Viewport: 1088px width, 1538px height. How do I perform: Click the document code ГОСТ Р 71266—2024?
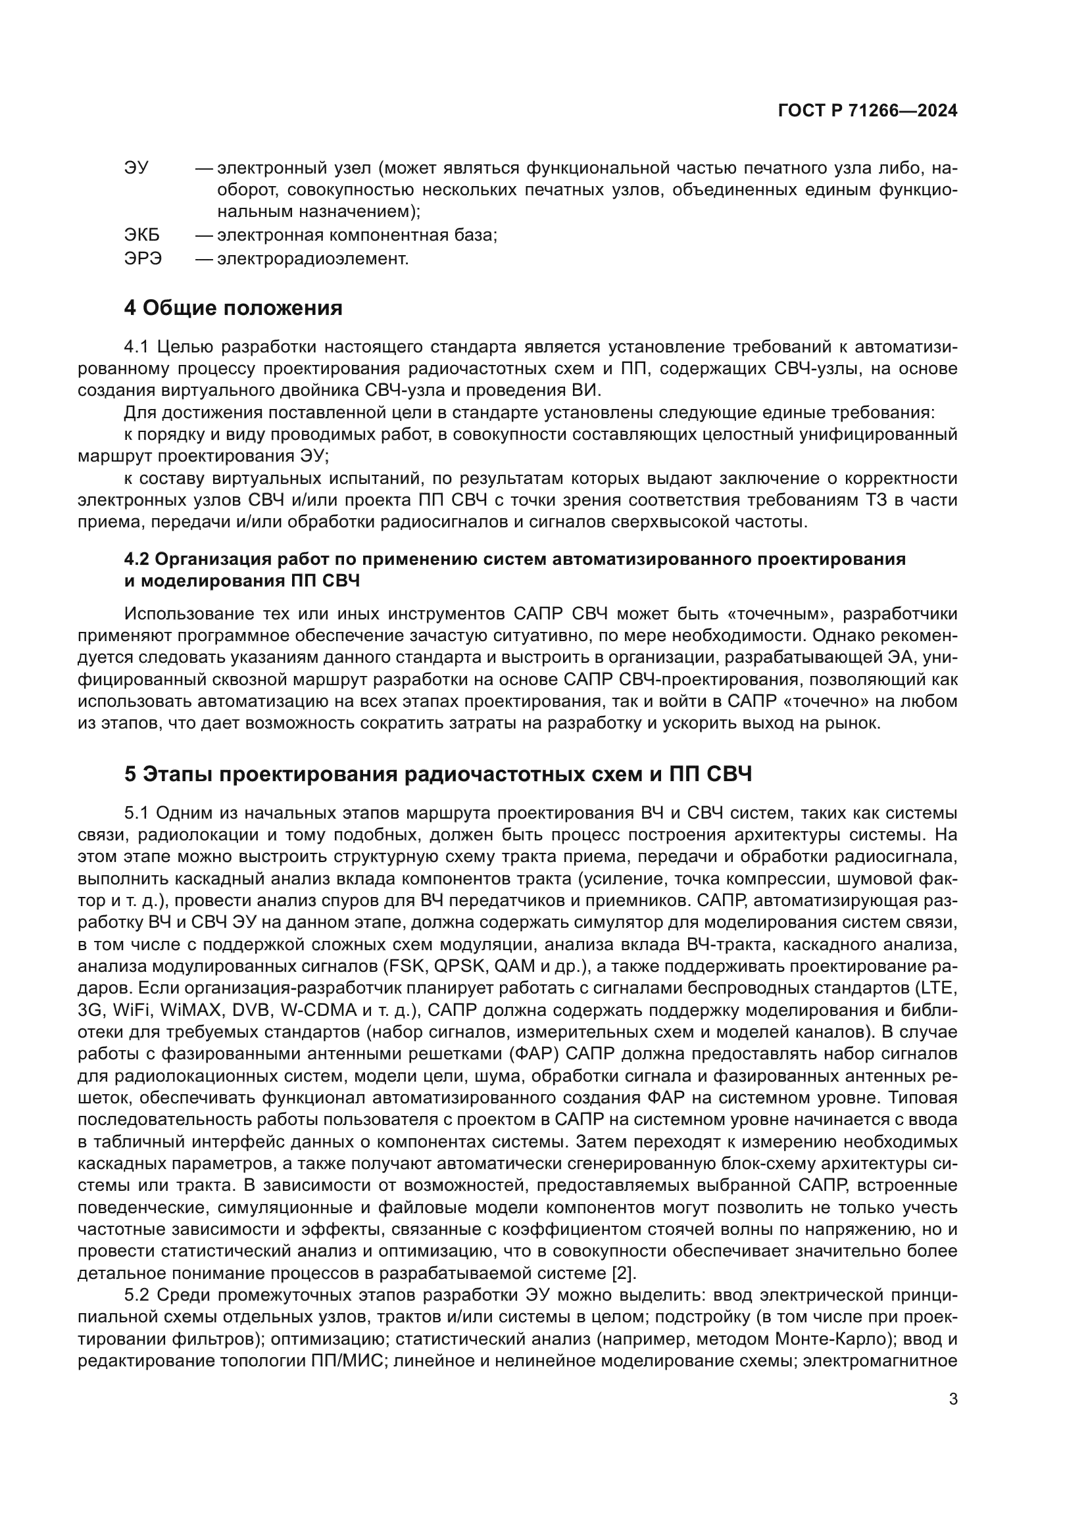(x=868, y=111)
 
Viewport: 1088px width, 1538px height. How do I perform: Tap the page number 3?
(x=953, y=1399)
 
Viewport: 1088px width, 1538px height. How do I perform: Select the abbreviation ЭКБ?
(x=142, y=235)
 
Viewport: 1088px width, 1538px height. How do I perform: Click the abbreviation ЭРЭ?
(x=143, y=258)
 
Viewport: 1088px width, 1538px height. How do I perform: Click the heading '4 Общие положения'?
(x=233, y=308)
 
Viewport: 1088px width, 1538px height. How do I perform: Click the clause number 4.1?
(x=137, y=347)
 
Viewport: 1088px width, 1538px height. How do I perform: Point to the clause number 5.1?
(x=137, y=813)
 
